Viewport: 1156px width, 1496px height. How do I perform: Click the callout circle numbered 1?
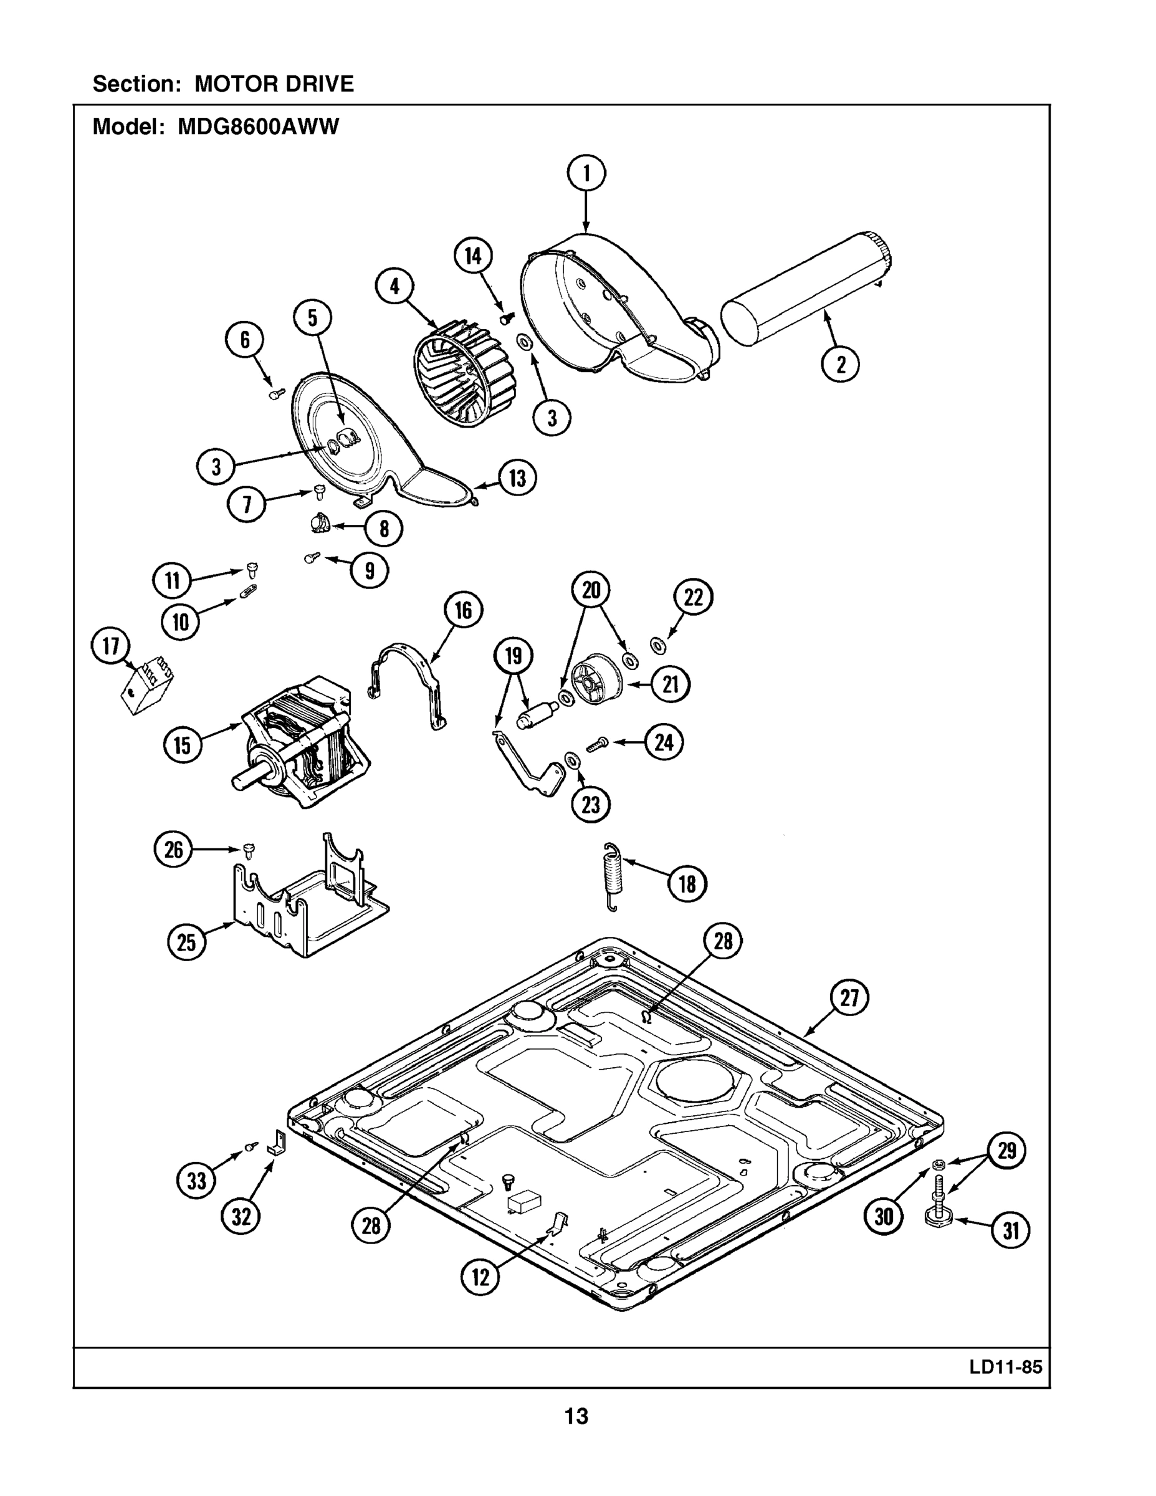click(586, 175)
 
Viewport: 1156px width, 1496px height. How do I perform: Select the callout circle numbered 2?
click(840, 364)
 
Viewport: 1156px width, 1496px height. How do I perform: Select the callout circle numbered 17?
click(111, 646)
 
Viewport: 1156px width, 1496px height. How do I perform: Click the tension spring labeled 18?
click(611, 878)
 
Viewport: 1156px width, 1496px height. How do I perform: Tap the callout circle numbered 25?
click(186, 942)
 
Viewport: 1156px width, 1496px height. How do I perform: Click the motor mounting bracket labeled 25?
click(308, 898)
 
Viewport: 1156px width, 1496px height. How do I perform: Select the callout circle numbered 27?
click(849, 998)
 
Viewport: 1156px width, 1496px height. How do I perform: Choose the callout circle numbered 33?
click(196, 1181)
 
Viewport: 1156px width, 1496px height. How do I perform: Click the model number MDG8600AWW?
click(258, 127)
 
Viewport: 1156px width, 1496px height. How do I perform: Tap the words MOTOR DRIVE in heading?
click(274, 84)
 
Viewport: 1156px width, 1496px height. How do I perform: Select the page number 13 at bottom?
click(576, 1416)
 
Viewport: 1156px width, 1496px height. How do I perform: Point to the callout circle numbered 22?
click(693, 597)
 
